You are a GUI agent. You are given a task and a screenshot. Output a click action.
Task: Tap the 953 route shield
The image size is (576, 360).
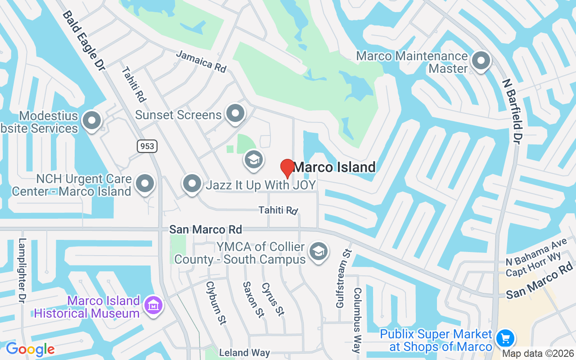coord(147,146)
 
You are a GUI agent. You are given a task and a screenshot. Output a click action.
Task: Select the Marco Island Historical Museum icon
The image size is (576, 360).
coord(153,306)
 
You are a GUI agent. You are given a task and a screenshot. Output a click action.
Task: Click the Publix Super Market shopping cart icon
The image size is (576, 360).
coord(505,338)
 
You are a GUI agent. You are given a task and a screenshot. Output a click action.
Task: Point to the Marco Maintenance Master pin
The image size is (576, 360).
coord(481,60)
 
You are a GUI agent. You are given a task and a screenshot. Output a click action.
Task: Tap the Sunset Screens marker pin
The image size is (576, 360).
coord(235,113)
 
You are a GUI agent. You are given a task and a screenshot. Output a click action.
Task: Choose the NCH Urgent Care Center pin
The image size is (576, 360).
coord(145,184)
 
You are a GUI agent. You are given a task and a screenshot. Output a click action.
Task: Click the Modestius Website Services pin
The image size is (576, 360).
coord(92,121)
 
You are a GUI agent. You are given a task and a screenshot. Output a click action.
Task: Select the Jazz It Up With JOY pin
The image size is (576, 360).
coord(193,184)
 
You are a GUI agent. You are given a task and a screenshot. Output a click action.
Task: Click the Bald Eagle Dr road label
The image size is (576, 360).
coord(84,40)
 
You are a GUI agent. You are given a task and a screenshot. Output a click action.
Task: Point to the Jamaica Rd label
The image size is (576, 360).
coord(201,61)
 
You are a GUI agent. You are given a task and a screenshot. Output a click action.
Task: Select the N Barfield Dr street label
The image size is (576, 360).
coord(513,112)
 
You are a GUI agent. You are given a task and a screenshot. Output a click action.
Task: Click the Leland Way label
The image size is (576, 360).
coord(244,353)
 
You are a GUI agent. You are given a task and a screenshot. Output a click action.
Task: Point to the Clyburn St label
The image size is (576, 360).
coord(216,302)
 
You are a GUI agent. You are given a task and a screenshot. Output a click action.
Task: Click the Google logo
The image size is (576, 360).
coord(30,349)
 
